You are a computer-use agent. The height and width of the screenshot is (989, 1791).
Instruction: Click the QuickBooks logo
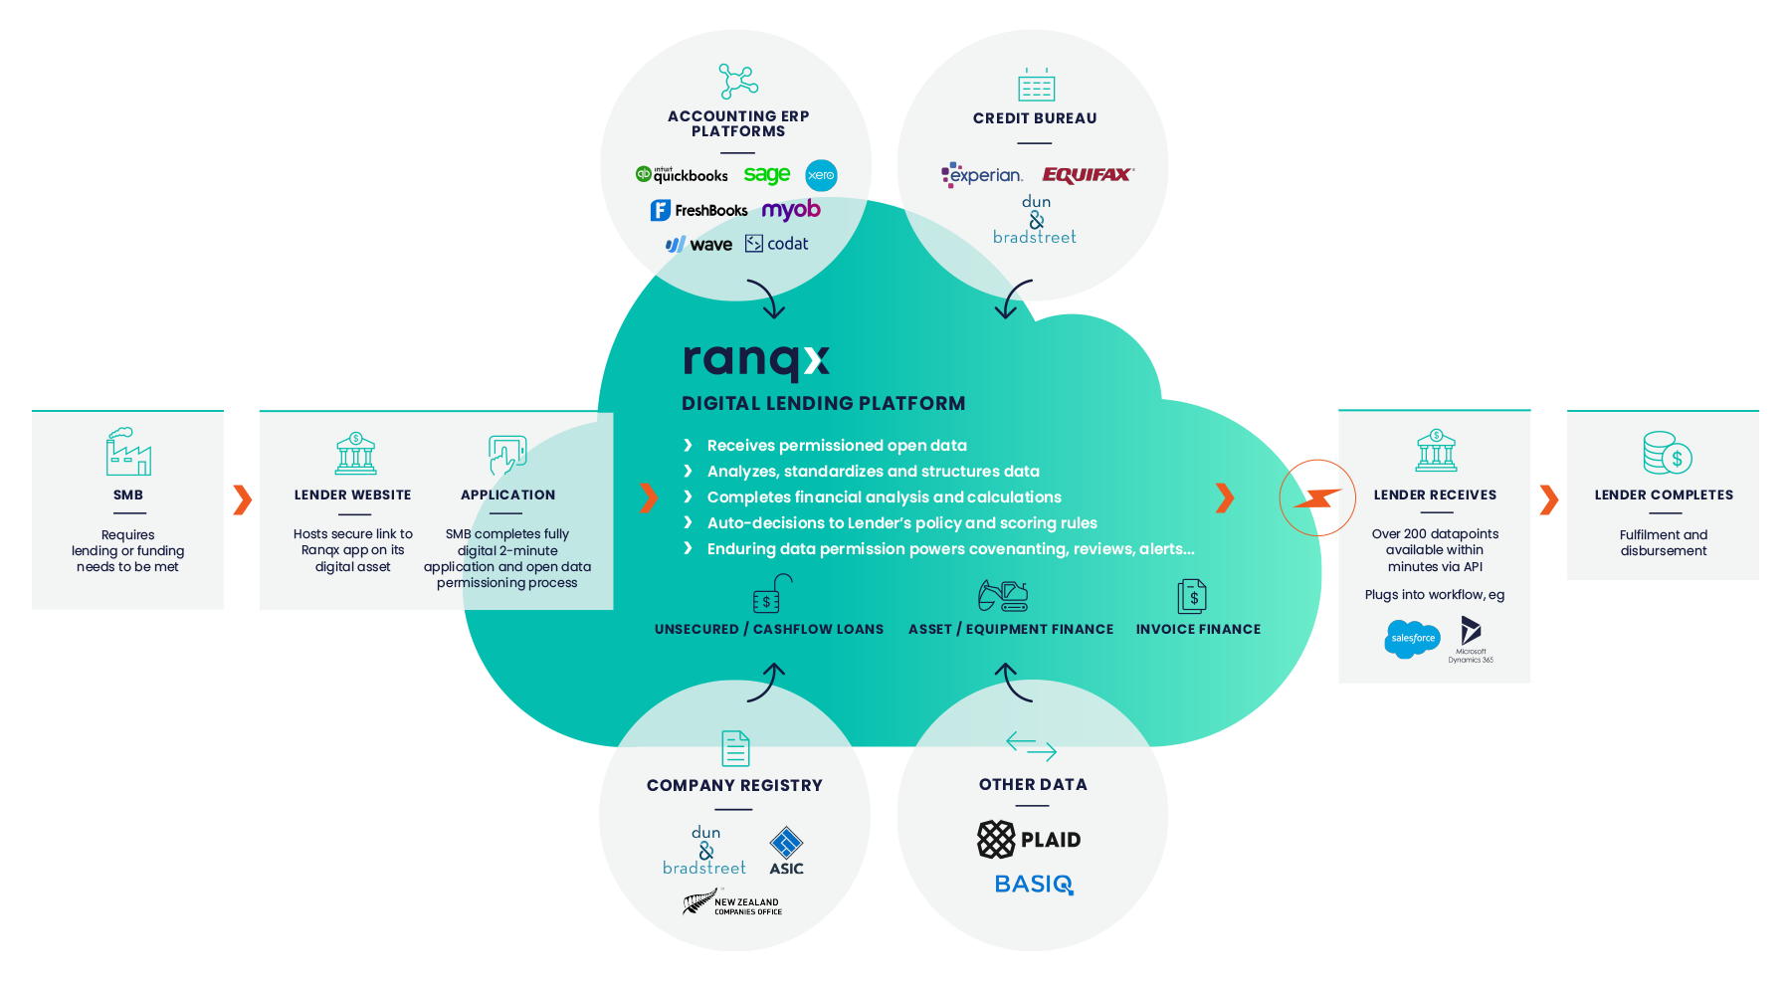point(682,175)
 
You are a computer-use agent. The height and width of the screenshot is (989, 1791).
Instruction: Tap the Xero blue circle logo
point(821,175)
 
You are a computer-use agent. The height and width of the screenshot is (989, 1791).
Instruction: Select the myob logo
point(791,210)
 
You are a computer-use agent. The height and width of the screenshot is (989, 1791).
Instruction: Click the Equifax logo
point(1088,175)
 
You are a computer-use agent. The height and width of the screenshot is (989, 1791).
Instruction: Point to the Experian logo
point(982,175)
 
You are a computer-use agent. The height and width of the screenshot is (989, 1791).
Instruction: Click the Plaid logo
point(1029,840)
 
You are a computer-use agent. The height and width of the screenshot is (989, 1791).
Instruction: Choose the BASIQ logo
point(1034,885)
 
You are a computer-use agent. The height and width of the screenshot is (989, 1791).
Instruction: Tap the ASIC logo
point(786,851)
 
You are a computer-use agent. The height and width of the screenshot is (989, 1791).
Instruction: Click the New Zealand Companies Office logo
point(732,903)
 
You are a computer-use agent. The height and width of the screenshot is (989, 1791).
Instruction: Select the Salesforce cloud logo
point(1412,639)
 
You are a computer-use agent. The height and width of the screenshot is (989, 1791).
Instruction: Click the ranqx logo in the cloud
point(756,360)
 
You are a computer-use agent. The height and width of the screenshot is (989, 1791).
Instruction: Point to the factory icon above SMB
point(128,452)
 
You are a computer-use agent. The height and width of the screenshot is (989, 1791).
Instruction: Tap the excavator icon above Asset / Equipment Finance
point(1003,595)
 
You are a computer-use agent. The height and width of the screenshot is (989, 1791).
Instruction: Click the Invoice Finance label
point(1198,629)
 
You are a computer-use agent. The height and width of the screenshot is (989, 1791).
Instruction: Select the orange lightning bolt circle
point(1317,497)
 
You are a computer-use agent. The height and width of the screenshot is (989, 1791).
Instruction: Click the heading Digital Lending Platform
point(823,404)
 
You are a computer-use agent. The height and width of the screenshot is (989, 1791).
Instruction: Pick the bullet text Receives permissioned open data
point(836,446)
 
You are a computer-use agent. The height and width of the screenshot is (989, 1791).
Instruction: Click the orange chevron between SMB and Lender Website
point(242,499)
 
